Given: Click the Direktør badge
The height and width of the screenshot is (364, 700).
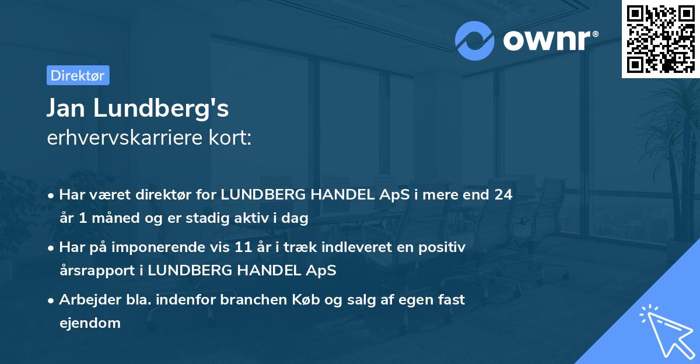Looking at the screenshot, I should click(78, 75).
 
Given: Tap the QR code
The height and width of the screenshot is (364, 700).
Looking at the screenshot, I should click(661, 38).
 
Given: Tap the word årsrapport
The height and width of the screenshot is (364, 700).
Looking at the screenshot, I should click(93, 271).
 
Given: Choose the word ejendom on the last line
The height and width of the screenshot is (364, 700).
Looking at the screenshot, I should click(90, 323).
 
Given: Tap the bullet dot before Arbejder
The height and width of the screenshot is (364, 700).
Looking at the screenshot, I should click(52, 300).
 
